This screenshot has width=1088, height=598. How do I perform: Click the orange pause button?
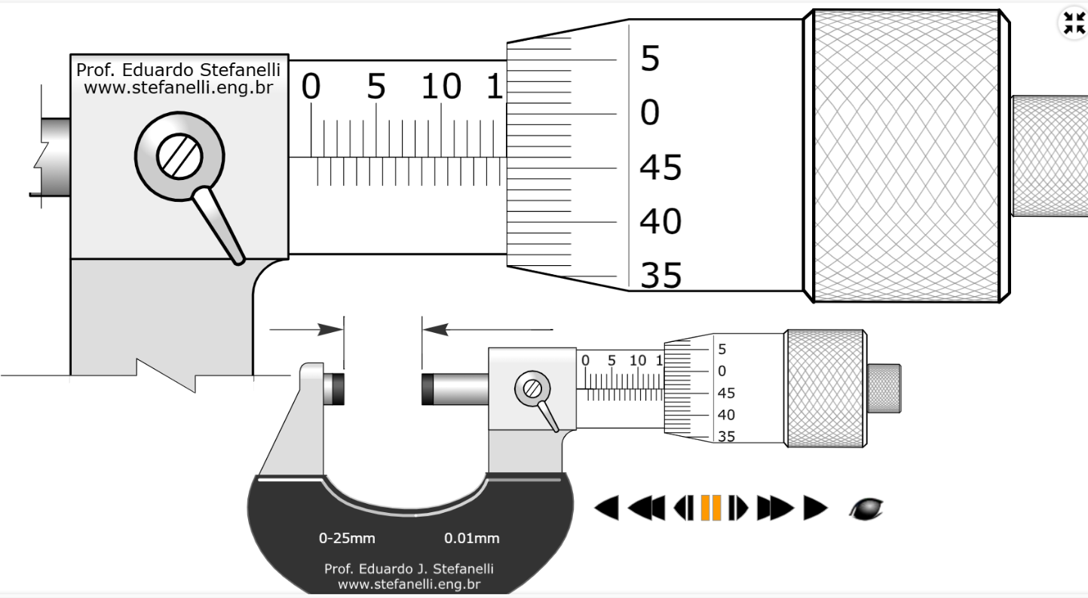click(712, 508)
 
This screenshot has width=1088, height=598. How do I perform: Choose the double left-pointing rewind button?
click(645, 508)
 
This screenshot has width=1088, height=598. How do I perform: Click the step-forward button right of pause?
click(737, 508)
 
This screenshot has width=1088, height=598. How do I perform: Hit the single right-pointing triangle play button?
click(815, 508)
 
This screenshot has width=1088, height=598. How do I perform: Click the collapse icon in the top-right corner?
click(1072, 23)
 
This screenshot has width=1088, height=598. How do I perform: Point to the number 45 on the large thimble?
click(660, 167)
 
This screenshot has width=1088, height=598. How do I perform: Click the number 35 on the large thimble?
click(660, 276)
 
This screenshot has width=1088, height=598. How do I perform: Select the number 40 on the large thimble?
click(660, 222)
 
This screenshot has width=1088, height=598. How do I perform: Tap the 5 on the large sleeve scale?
click(375, 87)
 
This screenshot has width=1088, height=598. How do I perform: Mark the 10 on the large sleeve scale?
click(441, 87)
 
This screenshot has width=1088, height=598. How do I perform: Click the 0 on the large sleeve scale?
click(311, 87)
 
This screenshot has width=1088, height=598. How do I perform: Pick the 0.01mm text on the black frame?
click(471, 539)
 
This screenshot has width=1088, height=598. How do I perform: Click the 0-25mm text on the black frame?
click(347, 539)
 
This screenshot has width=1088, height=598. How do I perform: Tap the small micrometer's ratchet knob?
click(884, 388)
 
